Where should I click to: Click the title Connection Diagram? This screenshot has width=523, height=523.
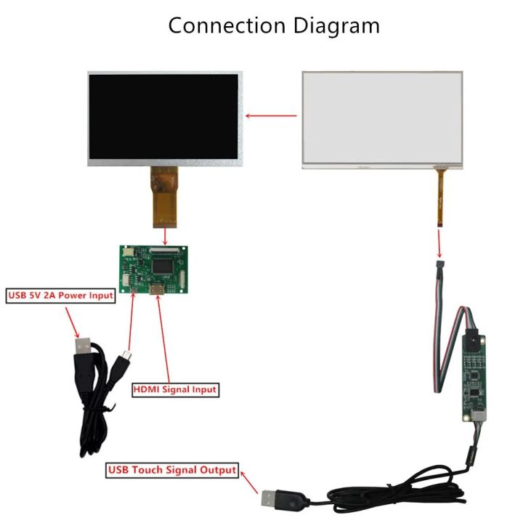(x=274, y=25)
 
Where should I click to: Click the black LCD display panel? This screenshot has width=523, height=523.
(x=166, y=118)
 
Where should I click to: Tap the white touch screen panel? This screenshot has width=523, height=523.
(x=382, y=119)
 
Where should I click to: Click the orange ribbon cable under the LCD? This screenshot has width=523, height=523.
(x=165, y=195)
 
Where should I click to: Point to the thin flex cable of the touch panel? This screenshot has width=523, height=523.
(x=440, y=197)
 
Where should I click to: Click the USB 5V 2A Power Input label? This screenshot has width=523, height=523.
(x=61, y=296)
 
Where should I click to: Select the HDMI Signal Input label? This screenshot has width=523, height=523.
(x=175, y=389)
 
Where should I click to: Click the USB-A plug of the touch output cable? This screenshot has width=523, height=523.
(x=274, y=498)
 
